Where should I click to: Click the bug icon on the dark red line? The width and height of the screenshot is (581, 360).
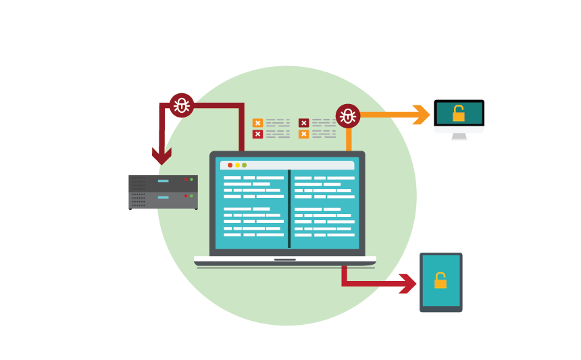click(181, 105)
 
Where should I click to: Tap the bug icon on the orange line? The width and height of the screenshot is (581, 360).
click(348, 116)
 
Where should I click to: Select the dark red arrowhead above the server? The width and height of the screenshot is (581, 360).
click(161, 156)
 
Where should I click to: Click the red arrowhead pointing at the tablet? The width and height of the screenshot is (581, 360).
click(407, 284)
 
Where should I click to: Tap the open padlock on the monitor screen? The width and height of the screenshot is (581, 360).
click(459, 113)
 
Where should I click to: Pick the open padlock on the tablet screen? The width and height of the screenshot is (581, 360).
click(440, 280)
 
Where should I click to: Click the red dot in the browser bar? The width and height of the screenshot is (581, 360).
click(230, 165)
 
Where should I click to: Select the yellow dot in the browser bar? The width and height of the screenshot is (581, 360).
click(237, 165)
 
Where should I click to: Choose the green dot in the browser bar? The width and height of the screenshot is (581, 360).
click(245, 165)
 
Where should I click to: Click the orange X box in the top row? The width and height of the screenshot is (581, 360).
click(257, 123)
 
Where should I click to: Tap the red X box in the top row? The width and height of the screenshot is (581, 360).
click(304, 123)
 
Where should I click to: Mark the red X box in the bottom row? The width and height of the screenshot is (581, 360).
click(257, 134)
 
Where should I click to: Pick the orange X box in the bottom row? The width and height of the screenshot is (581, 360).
click(304, 134)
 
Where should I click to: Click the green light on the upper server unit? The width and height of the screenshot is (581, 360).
click(192, 180)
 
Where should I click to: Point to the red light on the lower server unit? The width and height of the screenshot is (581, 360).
click(186, 196)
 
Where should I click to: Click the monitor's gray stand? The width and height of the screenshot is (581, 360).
click(459, 136)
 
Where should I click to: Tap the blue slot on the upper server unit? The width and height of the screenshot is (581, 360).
click(163, 181)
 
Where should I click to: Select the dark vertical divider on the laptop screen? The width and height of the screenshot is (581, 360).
click(289, 209)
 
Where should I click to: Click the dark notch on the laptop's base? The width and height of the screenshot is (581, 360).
click(285, 259)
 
